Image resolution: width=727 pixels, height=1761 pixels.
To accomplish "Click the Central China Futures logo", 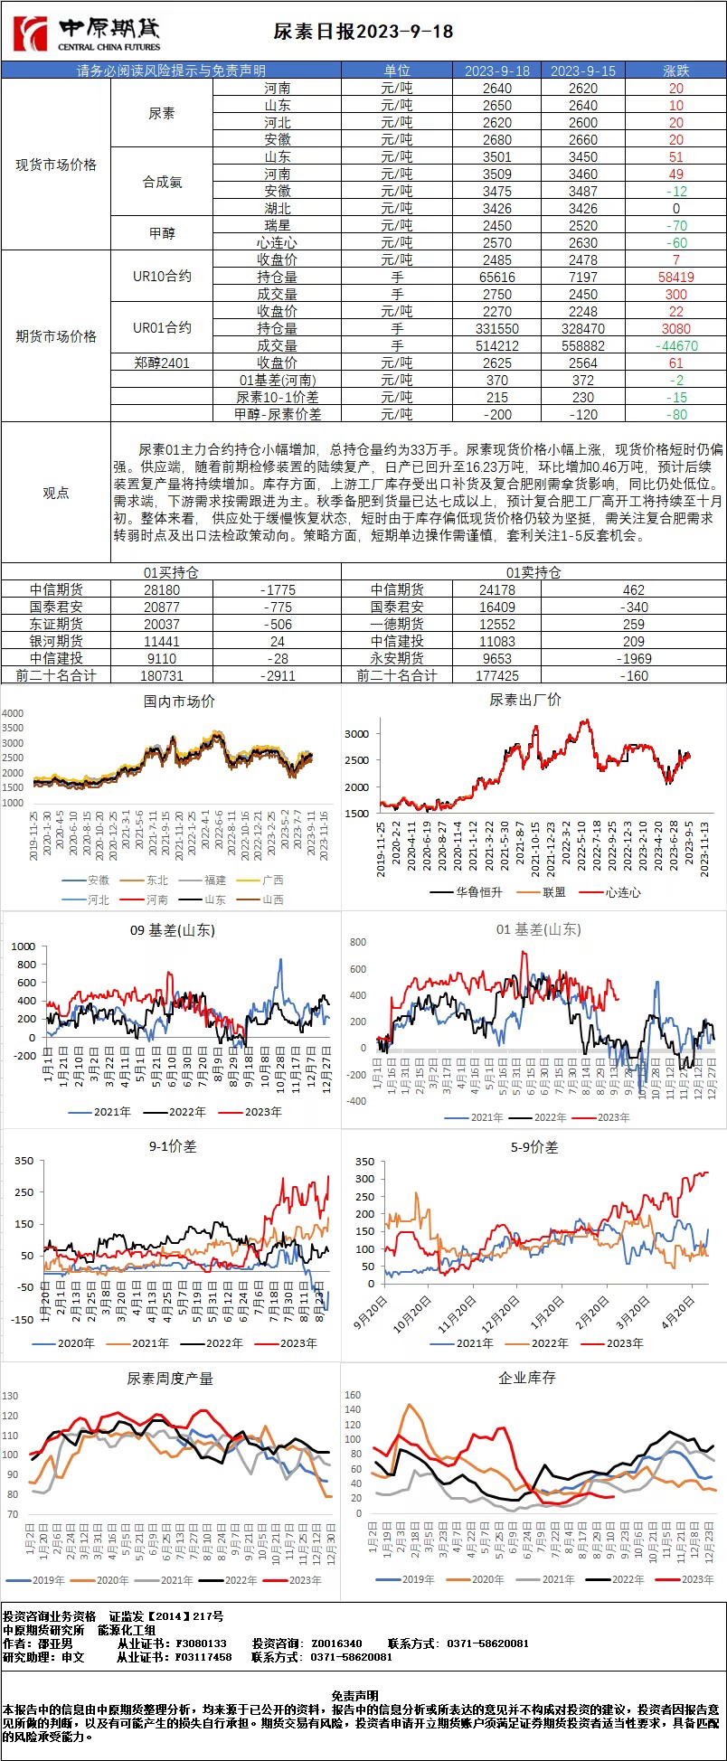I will (87, 34).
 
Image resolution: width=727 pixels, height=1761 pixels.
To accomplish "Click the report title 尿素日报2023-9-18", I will (363, 32).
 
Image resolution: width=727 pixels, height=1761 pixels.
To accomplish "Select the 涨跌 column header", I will (675, 71).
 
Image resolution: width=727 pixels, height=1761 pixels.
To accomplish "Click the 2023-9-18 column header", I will (496, 71).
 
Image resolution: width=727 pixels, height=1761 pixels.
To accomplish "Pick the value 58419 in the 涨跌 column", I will (675, 278).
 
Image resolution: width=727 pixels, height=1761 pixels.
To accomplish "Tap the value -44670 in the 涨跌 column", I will (675, 345).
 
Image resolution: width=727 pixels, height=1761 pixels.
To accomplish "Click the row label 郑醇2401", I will (162, 363).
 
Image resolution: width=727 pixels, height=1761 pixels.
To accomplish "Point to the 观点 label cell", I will (56, 493).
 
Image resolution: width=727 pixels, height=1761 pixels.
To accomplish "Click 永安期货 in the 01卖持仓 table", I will (397, 658).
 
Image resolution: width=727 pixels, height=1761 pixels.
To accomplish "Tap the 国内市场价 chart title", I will (179, 701).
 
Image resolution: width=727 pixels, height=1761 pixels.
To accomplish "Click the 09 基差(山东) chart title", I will (173, 929).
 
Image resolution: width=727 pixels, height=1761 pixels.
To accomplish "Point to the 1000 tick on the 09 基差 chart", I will (24, 946).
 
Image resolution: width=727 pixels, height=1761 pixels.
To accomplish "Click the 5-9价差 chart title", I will (533, 1146).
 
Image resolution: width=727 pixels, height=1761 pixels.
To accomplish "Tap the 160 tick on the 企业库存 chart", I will (353, 1395).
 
